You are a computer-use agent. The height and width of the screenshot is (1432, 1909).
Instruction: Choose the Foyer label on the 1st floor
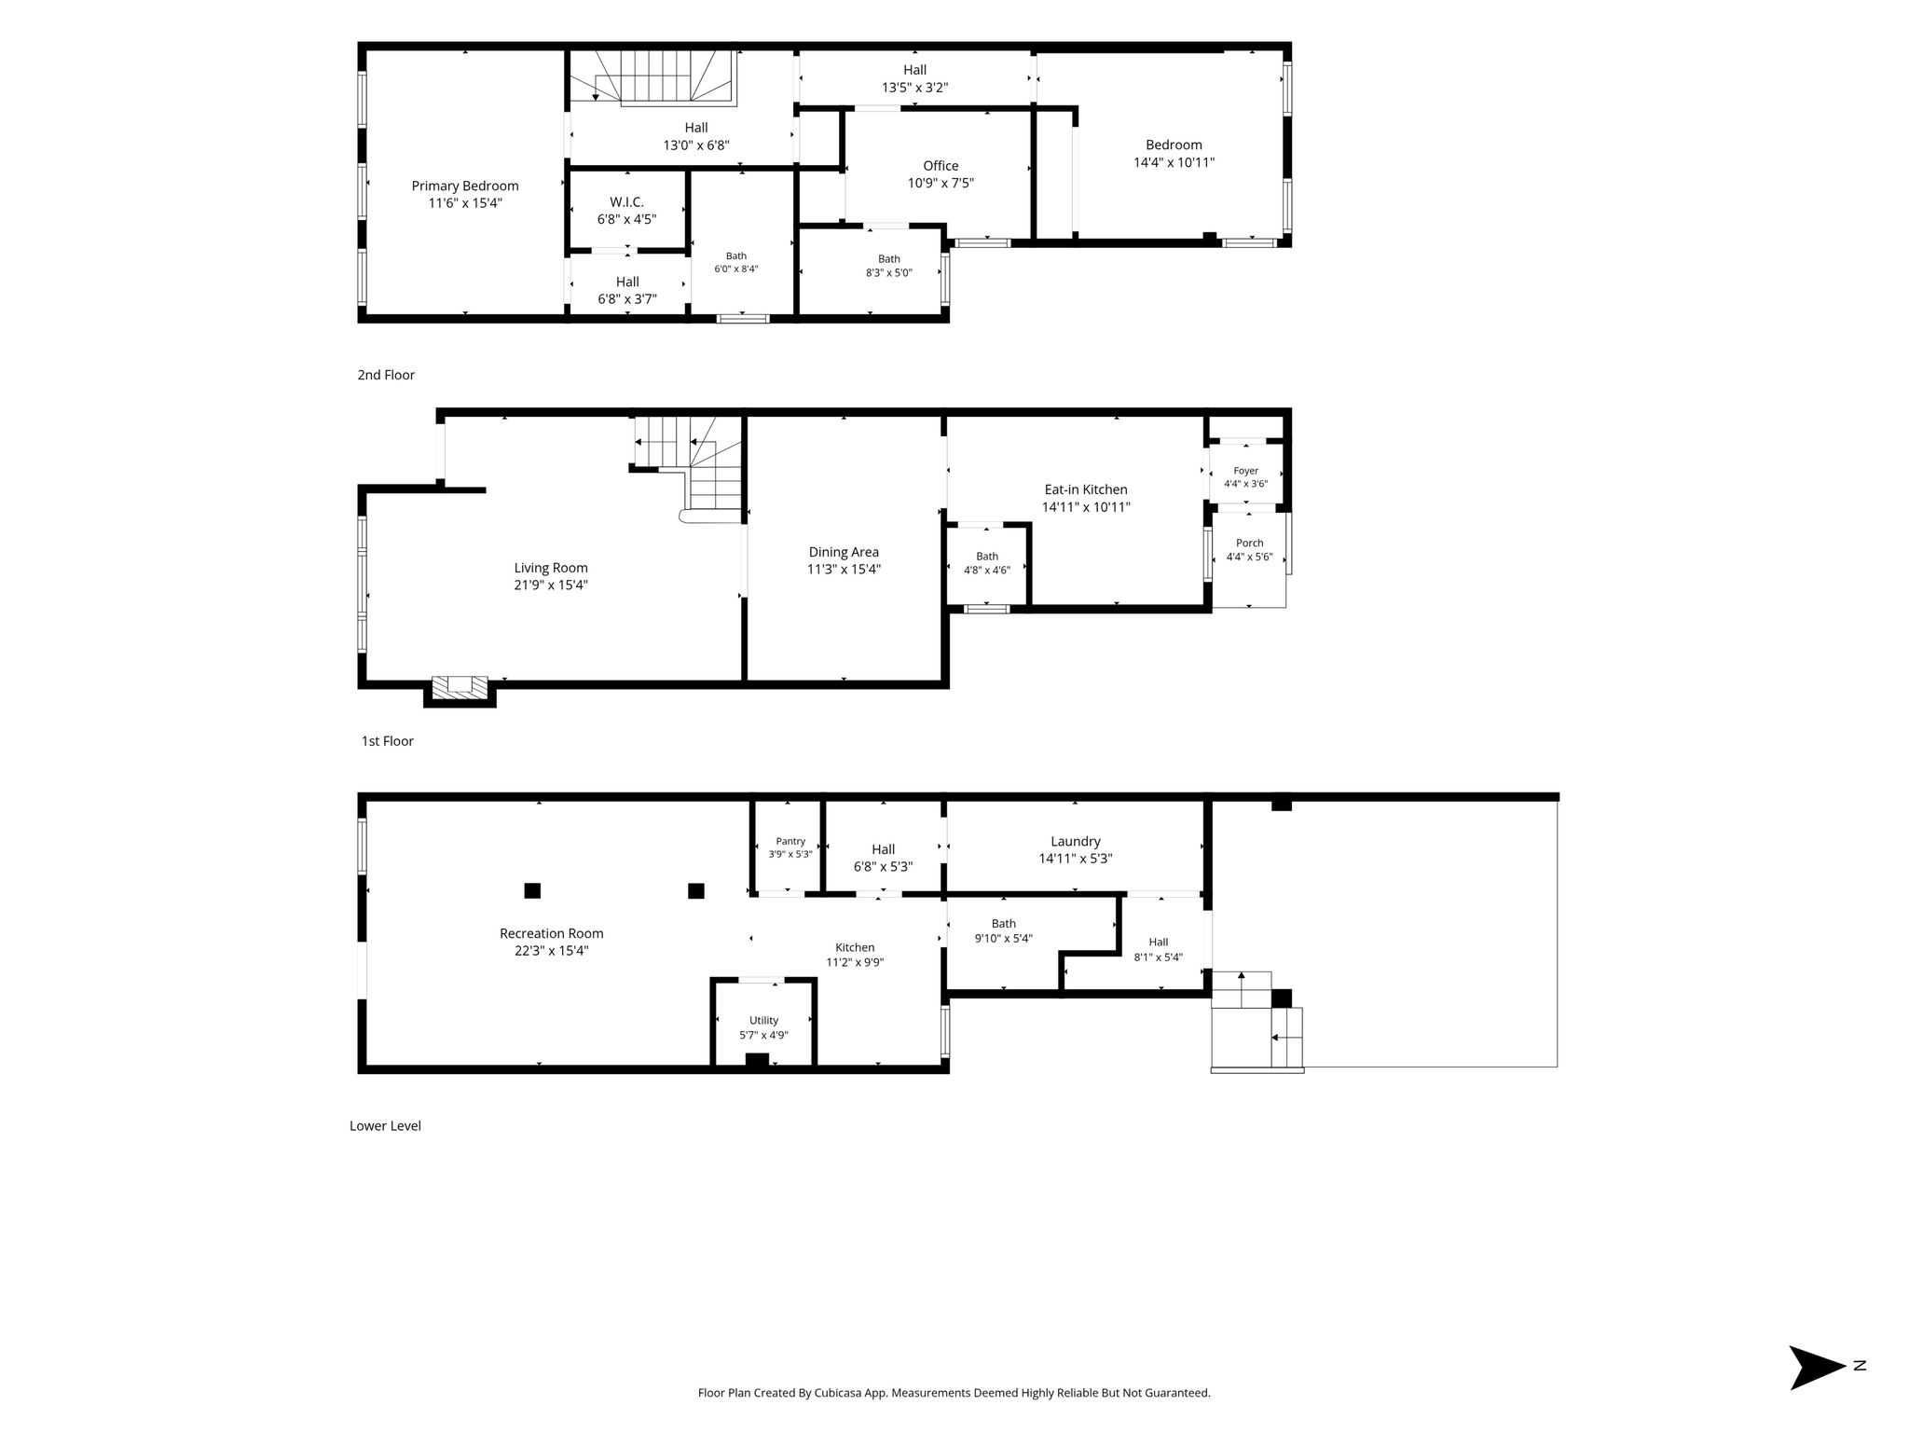pos(1246,471)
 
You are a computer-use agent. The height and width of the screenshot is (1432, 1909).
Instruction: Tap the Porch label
pos(1250,543)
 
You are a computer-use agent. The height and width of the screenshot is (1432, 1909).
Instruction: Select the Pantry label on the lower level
pos(790,841)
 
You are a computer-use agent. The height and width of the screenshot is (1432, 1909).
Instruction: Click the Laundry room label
pos(1076,841)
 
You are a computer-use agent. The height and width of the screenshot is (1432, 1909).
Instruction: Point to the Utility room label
pos(763,1020)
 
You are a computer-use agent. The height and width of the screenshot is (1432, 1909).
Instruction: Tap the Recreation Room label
pos(552,933)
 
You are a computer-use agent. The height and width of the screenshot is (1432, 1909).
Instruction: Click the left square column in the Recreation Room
pos(532,890)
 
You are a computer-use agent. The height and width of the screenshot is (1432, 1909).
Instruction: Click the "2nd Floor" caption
pos(386,375)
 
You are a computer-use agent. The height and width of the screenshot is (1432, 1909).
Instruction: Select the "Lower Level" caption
pos(385,1125)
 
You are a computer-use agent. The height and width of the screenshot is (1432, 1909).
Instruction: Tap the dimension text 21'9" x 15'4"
pos(551,585)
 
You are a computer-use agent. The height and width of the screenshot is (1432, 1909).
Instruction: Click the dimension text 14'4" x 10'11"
pos(1174,162)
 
